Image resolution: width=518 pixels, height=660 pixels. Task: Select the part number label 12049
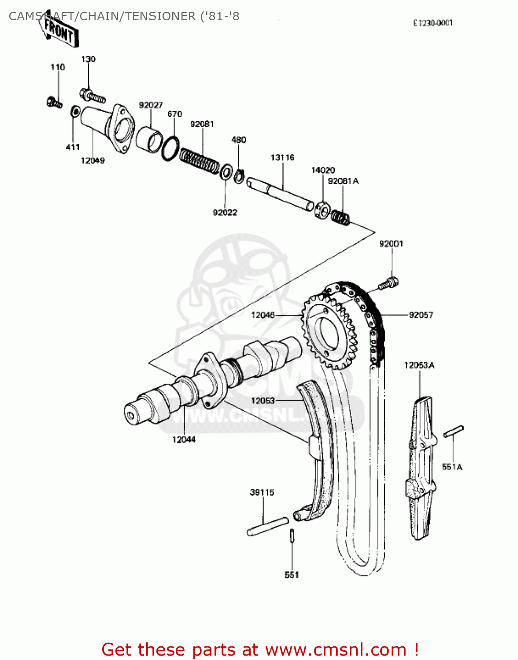tap(92, 161)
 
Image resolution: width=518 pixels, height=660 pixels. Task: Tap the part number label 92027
tap(151, 105)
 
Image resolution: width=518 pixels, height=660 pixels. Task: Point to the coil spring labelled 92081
tap(200, 160)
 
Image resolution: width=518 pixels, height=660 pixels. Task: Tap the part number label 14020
tap(323, 170)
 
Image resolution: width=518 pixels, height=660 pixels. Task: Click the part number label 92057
tap(421, 315)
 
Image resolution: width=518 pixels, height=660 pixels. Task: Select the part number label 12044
tap(184, 439)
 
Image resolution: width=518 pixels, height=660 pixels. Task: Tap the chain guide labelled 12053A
tap(421, 466)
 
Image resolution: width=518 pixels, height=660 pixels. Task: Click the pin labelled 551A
tap(453, 432)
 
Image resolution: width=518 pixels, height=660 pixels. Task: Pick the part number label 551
tap(292, 575)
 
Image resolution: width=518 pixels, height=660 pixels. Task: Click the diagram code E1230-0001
tap(433, 23)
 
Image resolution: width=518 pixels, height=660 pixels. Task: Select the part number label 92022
tap(225, 213)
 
